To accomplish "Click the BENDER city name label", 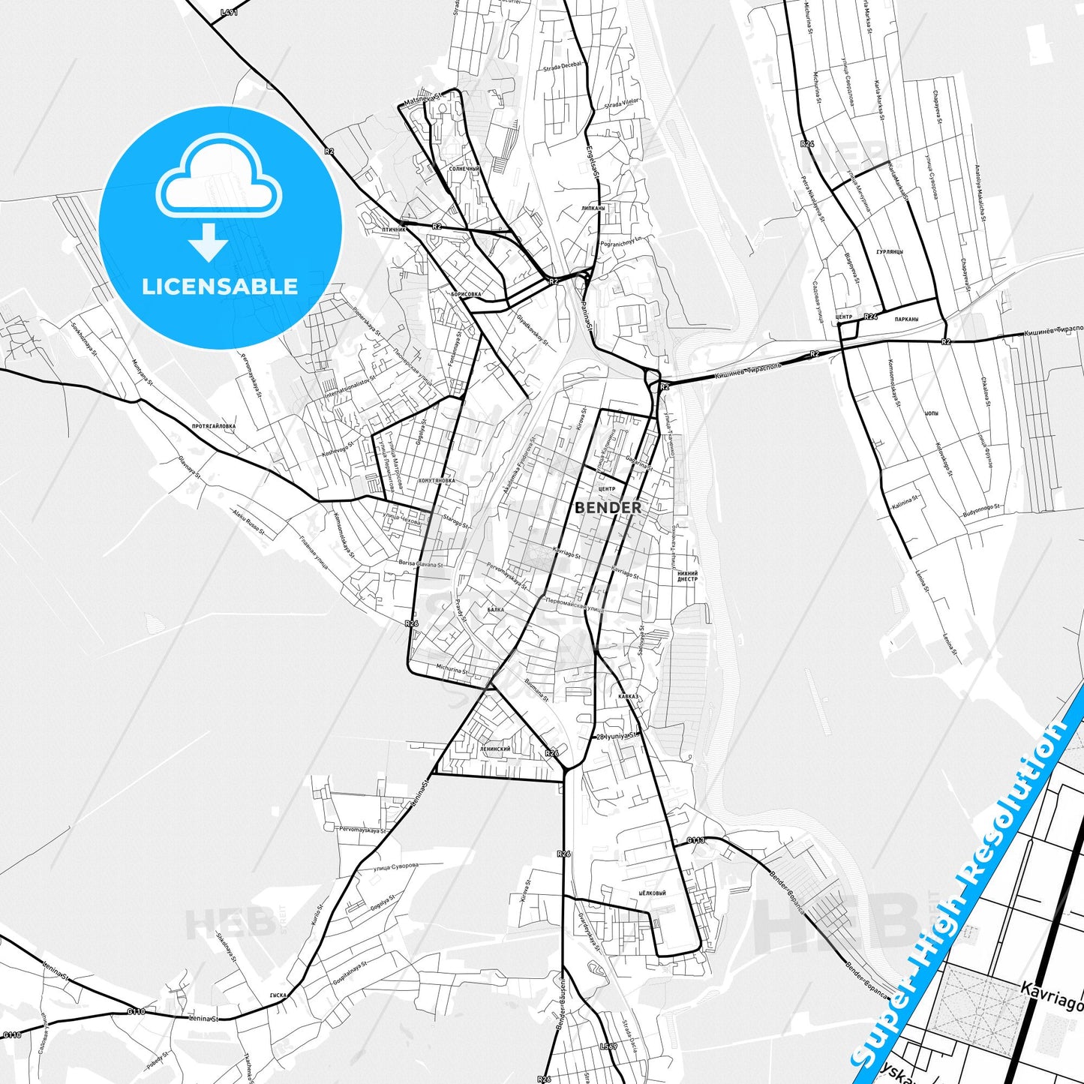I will point(608,508).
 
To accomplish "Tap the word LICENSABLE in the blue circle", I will point(220,287).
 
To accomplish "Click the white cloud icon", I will point(218,179).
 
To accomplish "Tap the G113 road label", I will point(695,840).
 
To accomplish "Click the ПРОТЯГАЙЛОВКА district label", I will point(214,426).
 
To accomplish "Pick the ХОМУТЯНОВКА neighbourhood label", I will point(437,480).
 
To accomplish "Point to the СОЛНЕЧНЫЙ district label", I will point(464,170).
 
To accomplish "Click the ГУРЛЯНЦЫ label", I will point(889,252).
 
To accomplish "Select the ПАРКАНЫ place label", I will point(907,319).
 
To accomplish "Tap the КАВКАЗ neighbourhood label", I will point(628,696).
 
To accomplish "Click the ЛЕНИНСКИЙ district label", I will point(495,749).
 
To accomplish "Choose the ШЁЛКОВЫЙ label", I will point(652,893).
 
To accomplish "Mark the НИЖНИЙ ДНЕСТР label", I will point(687,576).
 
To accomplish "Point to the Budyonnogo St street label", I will point(981,511).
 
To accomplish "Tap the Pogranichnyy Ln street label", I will point(622,242).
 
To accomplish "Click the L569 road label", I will point(608,1046).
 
